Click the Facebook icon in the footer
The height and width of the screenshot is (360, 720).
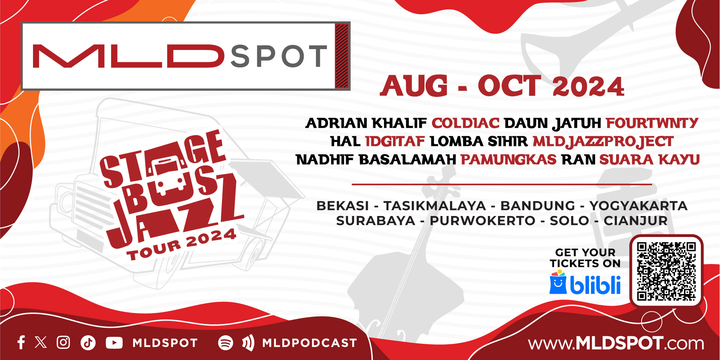coord(21,342)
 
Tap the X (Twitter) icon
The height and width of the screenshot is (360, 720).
coord(41,342)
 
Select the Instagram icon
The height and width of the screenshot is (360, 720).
coord(63,342)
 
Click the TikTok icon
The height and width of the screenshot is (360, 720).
coord(88,343)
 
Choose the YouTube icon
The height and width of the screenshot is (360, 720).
coord(114,343)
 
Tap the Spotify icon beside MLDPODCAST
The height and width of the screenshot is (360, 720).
coord(225,343)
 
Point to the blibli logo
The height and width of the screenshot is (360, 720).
coord(585,283)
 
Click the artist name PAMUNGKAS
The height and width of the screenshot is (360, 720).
coord(508,160)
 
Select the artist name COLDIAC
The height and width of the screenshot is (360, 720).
coord(465,123)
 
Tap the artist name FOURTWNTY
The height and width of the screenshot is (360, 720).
coord(652,123)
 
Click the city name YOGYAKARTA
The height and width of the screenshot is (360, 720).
coord(638,206)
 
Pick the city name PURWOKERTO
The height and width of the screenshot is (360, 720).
coord(482,221)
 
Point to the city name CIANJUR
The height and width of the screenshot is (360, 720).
coord(635,221)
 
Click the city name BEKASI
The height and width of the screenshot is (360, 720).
coord(343,206)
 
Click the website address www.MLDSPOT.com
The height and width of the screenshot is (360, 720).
coord(616,343)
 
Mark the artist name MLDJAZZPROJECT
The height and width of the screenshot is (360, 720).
coord(603,141)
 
